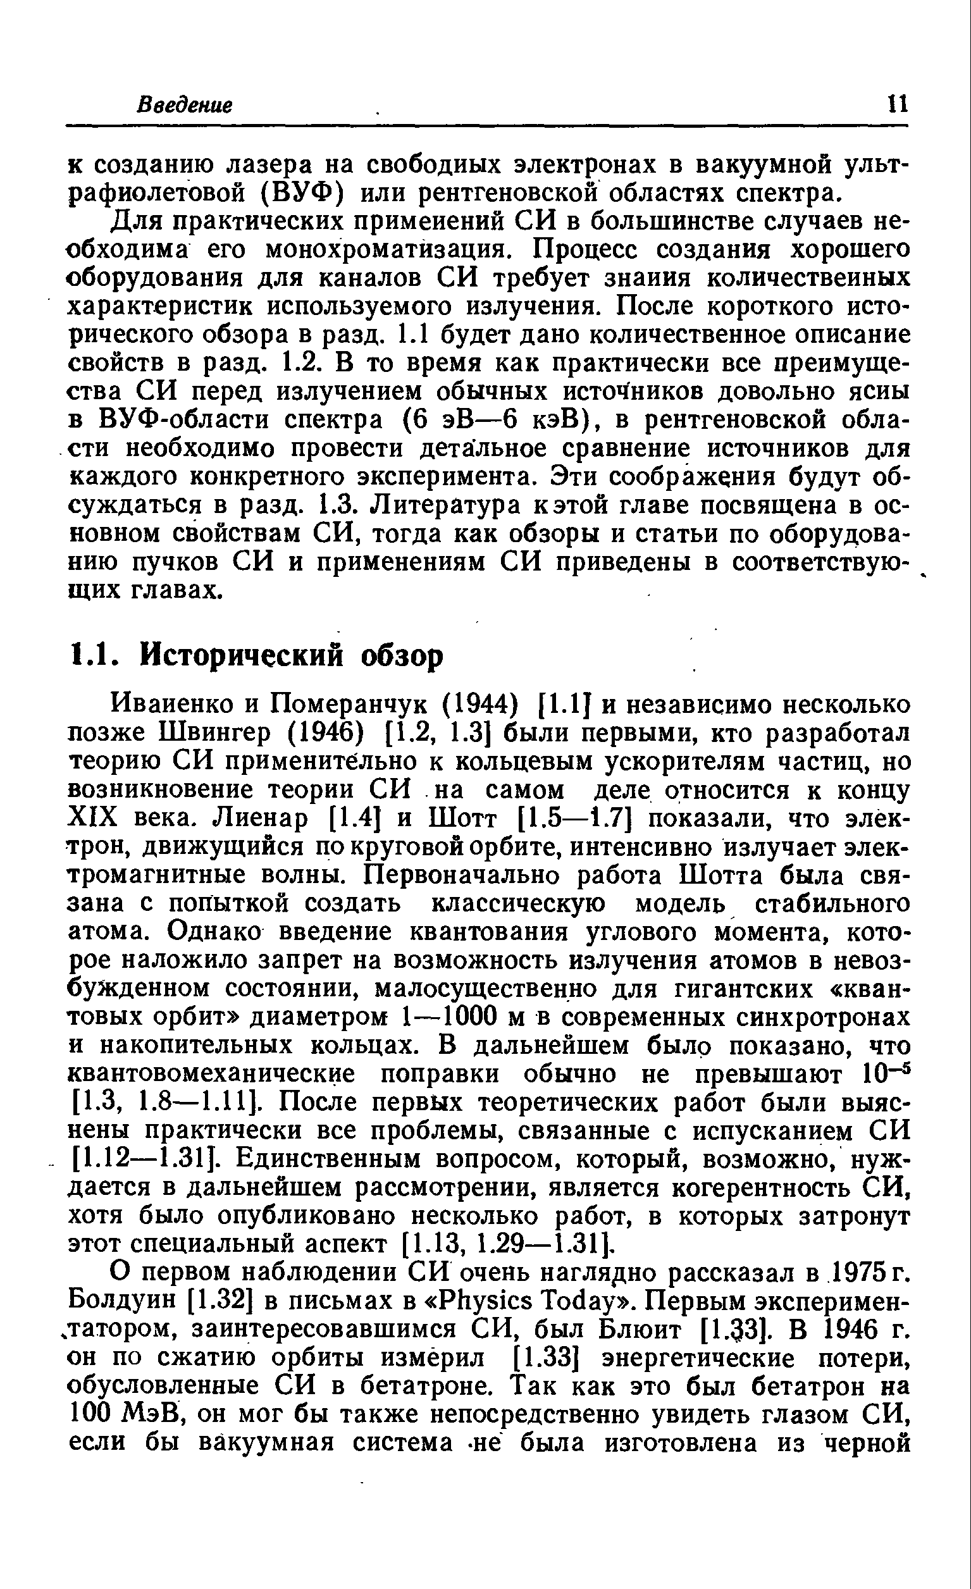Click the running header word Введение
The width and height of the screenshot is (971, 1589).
185,104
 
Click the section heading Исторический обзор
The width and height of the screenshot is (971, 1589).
293,656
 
